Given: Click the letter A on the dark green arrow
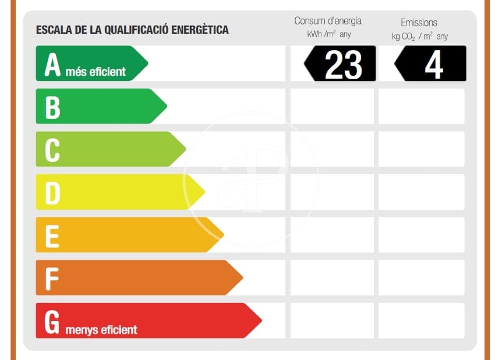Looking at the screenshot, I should coord(52,65).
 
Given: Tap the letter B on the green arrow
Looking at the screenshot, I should coord(52,107).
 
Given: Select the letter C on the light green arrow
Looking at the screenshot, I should coord(52,150).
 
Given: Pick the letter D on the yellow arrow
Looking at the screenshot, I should coord(52,193).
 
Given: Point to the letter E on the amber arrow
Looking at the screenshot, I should coord(52,236).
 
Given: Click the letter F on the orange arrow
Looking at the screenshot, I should coord(52,279).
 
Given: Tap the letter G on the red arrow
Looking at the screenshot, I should coord(52,322).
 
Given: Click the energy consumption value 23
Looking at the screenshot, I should coord(343,64).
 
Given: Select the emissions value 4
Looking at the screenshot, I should coord(433,64).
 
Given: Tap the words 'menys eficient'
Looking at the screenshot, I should coord(101,330).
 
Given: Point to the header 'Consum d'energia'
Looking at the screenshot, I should coord(328,21).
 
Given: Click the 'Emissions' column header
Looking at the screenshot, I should coord(419,23).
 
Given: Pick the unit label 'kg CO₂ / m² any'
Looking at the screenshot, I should coord(419,36).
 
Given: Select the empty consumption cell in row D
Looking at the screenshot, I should coord(332,192).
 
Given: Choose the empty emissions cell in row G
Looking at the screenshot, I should coord(421,320).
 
